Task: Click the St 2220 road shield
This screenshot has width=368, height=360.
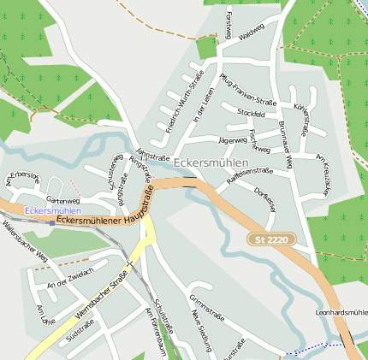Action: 270,240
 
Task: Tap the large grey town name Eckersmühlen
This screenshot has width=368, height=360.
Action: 211,162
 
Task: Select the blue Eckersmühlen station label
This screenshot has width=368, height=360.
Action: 53,210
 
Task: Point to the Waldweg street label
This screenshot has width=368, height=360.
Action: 252,33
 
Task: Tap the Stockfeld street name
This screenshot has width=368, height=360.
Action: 251,113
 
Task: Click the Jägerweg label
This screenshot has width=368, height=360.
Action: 232,139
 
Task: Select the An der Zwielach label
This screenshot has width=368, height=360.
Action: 68,283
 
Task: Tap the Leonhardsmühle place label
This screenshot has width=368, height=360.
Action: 341,312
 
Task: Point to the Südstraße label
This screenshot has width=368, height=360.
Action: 79,328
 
